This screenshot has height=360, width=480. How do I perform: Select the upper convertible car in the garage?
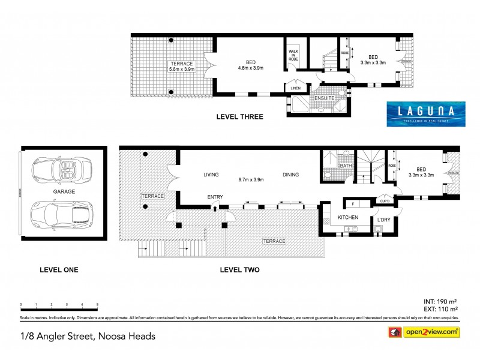(x=62, y=170)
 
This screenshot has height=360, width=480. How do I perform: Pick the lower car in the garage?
(x=62, y=214)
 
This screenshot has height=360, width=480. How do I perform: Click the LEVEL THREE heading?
(x=239, y=118)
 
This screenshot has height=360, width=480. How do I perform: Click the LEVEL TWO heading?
(x=239, y=270)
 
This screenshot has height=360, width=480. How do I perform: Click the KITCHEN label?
(x=347, y=217)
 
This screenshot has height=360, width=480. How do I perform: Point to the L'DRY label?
(x=383, y=220)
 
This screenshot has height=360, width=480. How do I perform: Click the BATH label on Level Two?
(x=345, y=166)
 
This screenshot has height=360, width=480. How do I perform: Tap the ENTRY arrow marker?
(x=215, y=208)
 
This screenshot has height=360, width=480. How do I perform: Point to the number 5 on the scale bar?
(x=97, y=305)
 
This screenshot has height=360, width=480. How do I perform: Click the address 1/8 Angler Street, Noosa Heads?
(x=88, y=335)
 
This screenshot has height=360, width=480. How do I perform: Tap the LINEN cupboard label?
(x=296, y=88)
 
